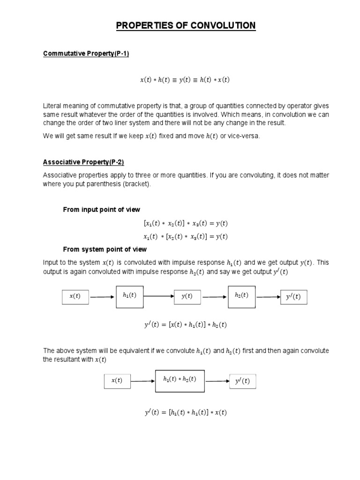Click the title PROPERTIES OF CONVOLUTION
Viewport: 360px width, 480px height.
[x=186, y=25]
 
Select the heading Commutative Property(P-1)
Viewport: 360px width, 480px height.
[x=86, y=53]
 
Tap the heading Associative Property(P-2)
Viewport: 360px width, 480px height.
[x=83, y=163]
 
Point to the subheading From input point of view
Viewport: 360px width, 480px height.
[x=101, y=210]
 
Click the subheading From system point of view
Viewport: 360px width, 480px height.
[x=105, y=249]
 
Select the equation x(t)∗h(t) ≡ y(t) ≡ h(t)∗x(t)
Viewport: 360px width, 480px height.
[x=185, y=80]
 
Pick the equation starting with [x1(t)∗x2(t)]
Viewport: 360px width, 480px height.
[x=185, y=223]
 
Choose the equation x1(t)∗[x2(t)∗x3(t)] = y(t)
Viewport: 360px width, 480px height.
[x=185, y=236]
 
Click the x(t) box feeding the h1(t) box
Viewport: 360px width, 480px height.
[x=75, y=297]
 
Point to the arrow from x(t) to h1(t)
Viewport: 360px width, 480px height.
[x=102, y=297]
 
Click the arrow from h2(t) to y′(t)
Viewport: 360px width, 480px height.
[x=268, y=297]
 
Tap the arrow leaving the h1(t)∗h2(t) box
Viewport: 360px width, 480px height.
[x=217, y=381]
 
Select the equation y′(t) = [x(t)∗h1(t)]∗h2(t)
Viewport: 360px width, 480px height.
[x=186, y=324]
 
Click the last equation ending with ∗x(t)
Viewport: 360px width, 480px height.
[x=185, y=412]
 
